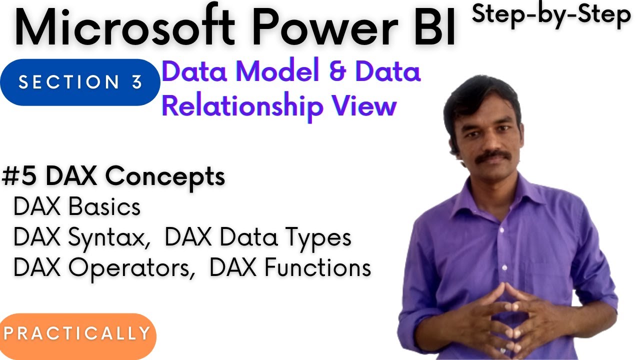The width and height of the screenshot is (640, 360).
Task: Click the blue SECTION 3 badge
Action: click(80, 82)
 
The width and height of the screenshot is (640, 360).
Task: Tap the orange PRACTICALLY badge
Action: click(77, 333)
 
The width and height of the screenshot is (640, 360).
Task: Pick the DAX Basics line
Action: click(77, 206)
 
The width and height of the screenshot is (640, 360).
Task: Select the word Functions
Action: click(317, 268)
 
